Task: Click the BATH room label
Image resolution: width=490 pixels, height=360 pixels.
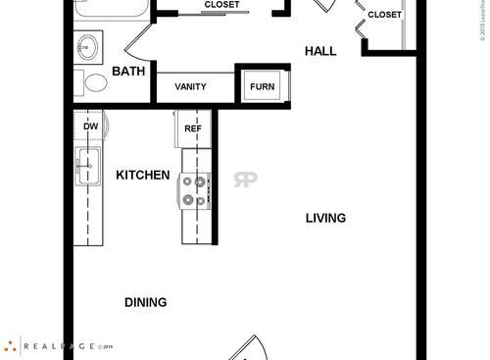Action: coord(128,72)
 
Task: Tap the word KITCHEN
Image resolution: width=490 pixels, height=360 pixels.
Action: coord(143,176)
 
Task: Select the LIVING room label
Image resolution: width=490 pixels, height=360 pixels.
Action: coord(325,218)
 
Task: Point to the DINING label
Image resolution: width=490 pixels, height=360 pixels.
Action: coord(145,302)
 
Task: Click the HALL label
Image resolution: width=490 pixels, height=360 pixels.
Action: coord(320,50)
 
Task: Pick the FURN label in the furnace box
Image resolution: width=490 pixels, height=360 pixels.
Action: coord(263,86)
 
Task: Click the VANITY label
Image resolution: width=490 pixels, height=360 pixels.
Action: coord(190,86)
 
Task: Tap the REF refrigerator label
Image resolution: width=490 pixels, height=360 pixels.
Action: coord(193,128)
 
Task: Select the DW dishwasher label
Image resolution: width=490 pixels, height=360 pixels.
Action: coord(90,127)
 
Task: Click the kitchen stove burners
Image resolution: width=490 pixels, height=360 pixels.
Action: coord(196,189)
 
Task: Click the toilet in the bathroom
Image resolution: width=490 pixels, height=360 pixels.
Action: coord(95,83)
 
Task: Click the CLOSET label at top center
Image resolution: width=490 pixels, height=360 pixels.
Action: coord(222,5)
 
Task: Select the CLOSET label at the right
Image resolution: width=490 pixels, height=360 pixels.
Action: coord(384,15)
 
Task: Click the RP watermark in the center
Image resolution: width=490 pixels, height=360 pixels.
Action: coord(244,180)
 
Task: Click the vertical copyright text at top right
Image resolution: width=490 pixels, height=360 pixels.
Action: coord(483,22)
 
